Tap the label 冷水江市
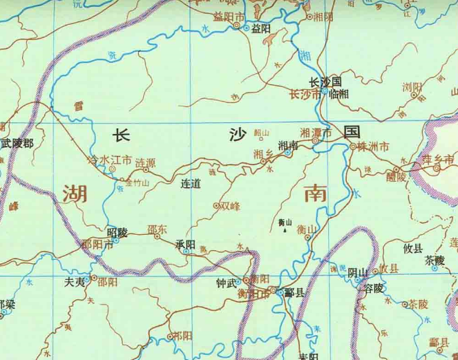click(x=107, y=160)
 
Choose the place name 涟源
click(x=145, y=162)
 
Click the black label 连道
click(x=190, y=184)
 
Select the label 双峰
click(x=229, y=205)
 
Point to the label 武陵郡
click(x=17, y=144)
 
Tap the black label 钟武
click(x=226, y=283)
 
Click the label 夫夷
click(x=74, y=282)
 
